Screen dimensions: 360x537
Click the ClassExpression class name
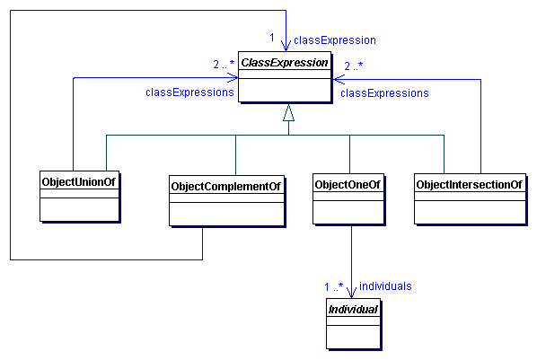pos(284,64)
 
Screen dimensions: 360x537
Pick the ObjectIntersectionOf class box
pos(470,198)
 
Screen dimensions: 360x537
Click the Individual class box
pos(351,323)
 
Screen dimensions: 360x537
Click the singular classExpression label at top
pos(334,40)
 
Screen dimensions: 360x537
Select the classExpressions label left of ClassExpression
pos(189,92)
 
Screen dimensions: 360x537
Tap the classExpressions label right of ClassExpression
pos(384,92)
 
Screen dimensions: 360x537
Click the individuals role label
pos(385,285)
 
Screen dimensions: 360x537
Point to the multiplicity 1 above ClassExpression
pos(272,38)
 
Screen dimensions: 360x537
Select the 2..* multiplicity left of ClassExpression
pos(223,65)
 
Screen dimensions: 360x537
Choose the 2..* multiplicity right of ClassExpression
pos(354,65)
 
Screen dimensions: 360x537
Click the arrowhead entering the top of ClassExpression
pos(286,45)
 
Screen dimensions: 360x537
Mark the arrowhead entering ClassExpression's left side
pos(233,79)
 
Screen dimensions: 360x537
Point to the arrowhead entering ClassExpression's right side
pos(338,79)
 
